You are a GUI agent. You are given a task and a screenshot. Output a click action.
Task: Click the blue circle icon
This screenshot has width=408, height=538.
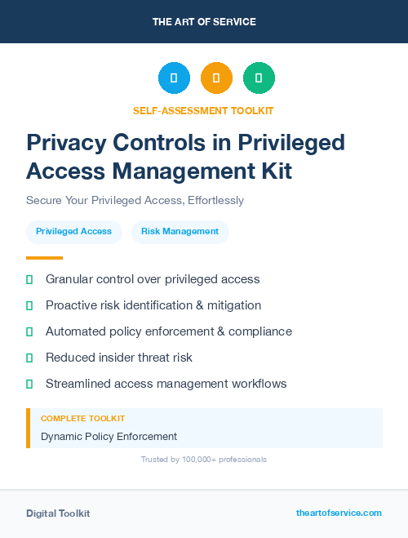(x=174, y=78)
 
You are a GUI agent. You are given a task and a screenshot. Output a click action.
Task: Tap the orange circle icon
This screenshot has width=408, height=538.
(x=216, y=78)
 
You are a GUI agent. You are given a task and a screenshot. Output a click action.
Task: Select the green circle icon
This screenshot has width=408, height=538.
(x=259, y=78)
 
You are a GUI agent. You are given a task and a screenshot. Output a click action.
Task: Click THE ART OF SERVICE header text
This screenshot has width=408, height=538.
(x=204, y=22)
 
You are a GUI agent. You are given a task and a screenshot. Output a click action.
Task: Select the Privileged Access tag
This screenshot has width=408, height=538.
(x=73, y=231)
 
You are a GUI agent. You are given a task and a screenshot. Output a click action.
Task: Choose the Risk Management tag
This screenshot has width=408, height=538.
(x=180, y=231)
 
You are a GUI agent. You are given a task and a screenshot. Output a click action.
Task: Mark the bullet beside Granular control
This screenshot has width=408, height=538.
(x=29, y=279)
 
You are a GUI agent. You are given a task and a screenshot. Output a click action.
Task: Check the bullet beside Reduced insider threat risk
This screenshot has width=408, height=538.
(x=29, y=358)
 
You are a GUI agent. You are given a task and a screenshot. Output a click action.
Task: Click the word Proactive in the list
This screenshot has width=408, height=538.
(x=71, y=305)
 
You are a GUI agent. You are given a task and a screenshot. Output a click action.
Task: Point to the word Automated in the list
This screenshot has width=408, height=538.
(x=74, y=331)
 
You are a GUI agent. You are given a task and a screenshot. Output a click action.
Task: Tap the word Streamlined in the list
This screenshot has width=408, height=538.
(x=78, y=384)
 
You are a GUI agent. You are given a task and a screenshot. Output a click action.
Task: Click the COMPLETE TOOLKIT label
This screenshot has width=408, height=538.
(x=82, y=418)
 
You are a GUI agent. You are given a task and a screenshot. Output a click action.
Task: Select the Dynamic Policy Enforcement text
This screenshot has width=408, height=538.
(x=109, y=436)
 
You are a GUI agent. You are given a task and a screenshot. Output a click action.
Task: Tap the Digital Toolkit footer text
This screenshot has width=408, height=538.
(x=58, y=513)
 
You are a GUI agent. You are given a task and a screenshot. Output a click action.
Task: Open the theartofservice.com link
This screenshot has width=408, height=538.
(x=339, y=513)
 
